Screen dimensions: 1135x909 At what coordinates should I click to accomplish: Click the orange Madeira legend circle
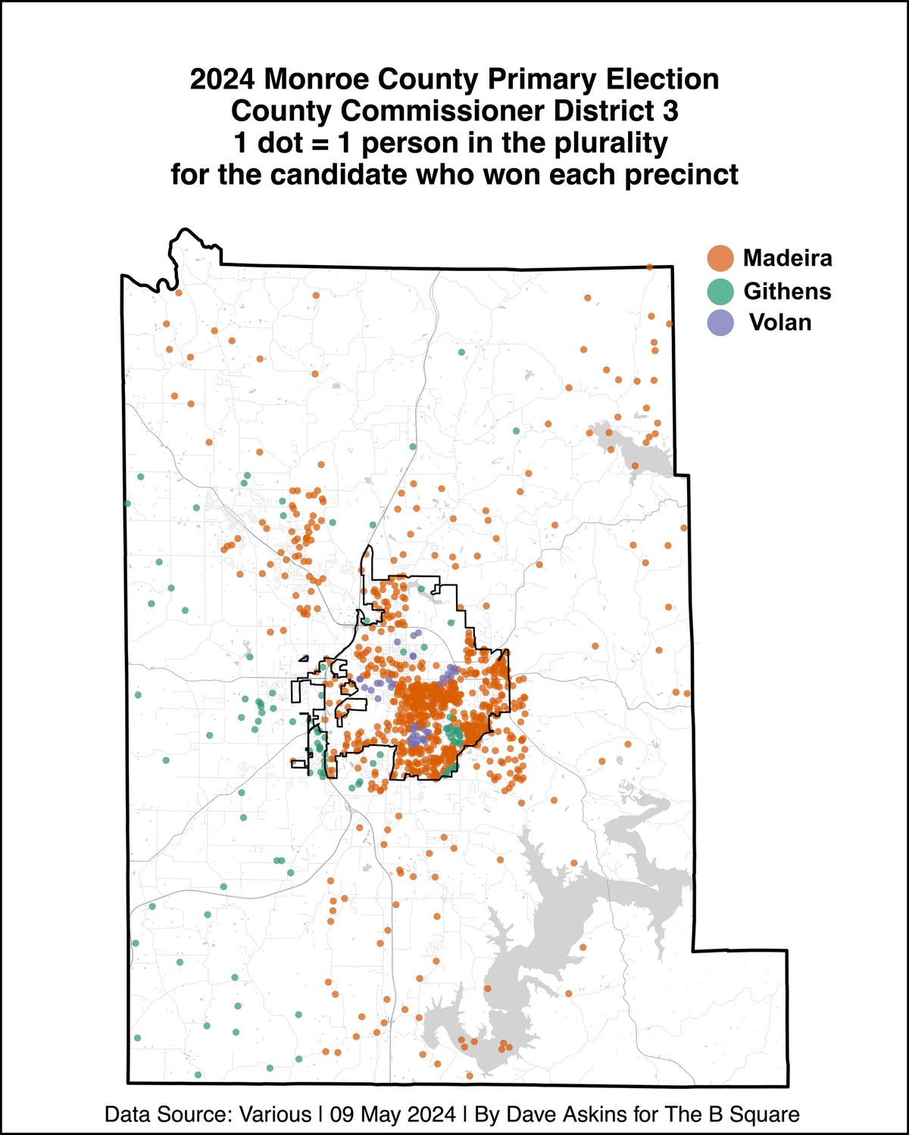tap(720, 258)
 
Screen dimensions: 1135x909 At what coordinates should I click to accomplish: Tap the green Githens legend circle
tap(720, 292)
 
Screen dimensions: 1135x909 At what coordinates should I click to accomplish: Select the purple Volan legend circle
tap(720, 323)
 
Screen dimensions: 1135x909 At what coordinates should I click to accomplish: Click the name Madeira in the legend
tap(787, 258)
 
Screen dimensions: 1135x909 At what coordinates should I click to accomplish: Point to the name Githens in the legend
tap(787, 292)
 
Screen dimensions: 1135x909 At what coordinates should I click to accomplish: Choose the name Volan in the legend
tap(780, 323)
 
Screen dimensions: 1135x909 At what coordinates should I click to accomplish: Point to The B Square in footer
tap(732, 1115)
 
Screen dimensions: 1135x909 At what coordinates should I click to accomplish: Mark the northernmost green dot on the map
tap(461, 352)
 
